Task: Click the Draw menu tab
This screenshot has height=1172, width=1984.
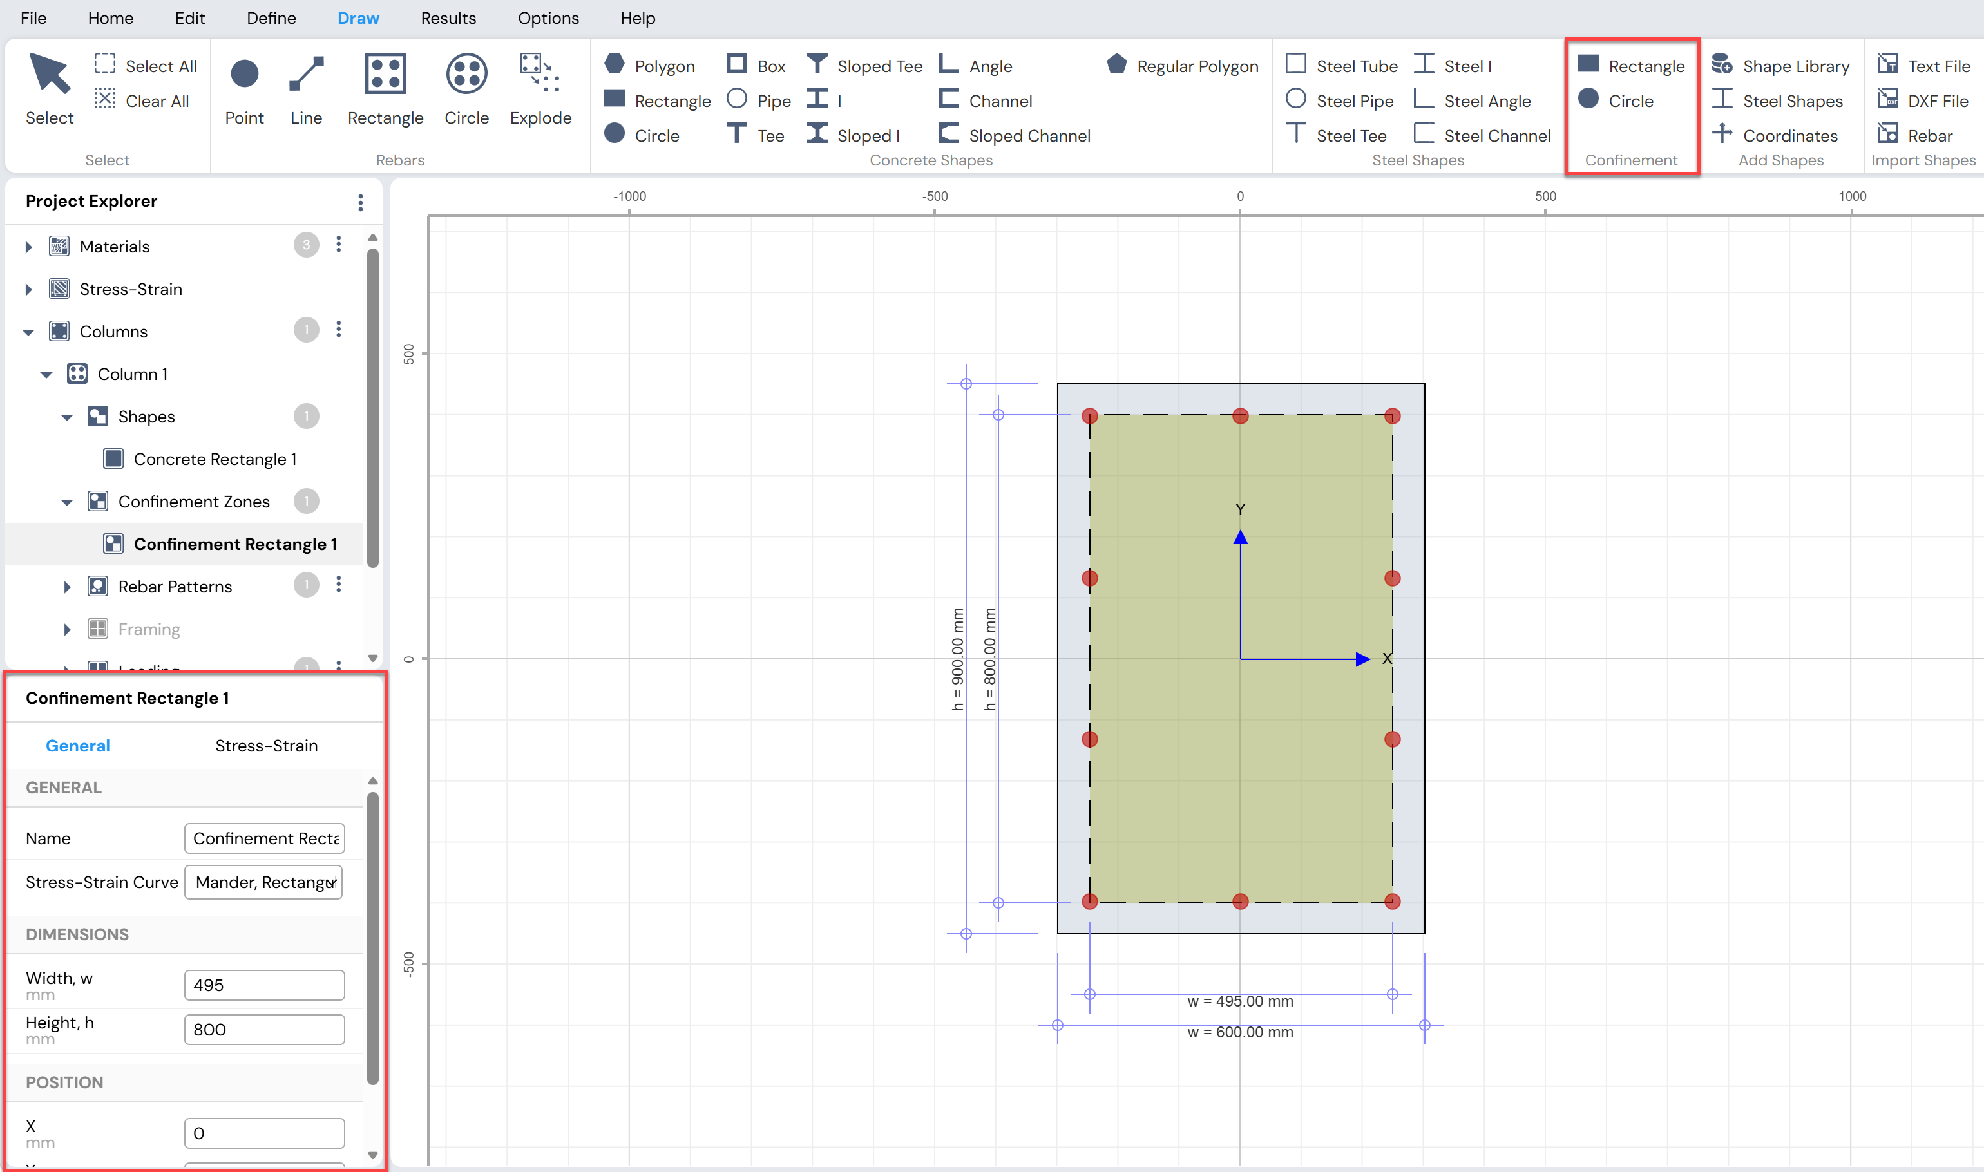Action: (358, 18)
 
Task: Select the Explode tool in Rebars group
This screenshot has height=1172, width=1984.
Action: (540, 88)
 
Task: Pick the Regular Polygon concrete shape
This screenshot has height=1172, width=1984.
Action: (1181, 66)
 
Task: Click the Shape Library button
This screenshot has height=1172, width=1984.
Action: (1780, 66)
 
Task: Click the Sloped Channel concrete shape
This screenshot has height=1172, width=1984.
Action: (1014, 135)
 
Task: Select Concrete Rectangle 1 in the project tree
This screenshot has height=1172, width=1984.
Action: (215, 459)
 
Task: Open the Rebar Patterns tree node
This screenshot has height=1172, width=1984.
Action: (175, 586)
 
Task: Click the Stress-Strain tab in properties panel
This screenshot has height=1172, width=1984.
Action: (266, 746)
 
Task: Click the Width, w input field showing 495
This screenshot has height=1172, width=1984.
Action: (265, 985)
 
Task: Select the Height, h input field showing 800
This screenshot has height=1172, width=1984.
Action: (265, 1029)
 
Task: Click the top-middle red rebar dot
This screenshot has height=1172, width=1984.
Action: (1240, 415)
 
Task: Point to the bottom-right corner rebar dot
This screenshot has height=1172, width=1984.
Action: (1393, 901)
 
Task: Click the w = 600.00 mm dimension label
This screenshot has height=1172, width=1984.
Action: (1240, 1032)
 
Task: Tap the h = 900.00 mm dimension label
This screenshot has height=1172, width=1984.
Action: (957, 659)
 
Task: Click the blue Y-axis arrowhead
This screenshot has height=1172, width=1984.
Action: (1240, 537)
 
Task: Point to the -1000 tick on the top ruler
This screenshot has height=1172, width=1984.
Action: (629, 196)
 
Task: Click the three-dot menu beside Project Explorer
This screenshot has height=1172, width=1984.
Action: (360, 202)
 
